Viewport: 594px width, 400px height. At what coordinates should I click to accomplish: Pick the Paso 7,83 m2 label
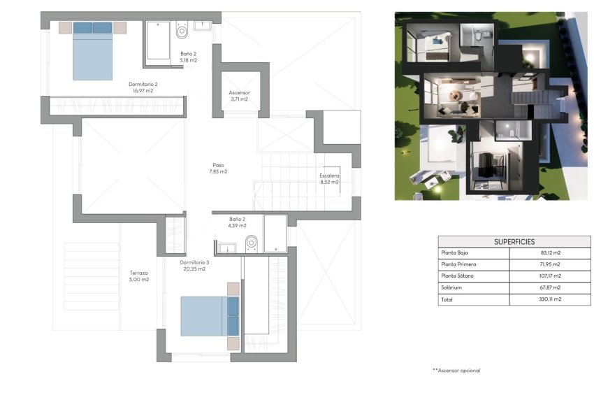(219, 168)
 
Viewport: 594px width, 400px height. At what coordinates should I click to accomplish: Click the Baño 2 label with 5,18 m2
(188, 57)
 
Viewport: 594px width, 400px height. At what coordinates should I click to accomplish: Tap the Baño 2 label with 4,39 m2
(237, 222)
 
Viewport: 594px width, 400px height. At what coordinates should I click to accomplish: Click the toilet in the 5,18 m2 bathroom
(182, 31)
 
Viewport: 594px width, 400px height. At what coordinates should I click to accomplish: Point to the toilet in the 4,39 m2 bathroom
(252, 243)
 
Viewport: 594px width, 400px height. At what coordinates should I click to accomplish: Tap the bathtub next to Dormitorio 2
(157, 41)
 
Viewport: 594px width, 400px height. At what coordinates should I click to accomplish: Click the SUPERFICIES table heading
(514, 241)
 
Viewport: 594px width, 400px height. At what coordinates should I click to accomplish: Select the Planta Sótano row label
(457, 276)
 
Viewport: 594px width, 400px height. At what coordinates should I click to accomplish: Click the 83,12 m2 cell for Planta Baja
(551, 252)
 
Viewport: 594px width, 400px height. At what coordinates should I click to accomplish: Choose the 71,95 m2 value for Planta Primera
(551, 264)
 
